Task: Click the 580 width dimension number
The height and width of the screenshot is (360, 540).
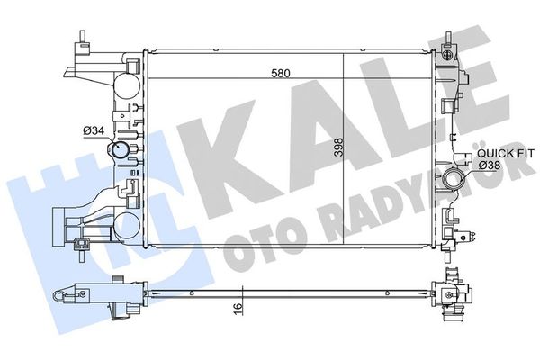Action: coord(281,73)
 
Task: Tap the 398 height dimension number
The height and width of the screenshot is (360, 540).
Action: coord(339,148)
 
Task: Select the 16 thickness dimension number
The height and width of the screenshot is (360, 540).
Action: coord(238,306)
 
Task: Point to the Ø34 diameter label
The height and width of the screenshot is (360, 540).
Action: coord(94,130)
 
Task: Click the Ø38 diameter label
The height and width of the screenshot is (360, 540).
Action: coord(490,166)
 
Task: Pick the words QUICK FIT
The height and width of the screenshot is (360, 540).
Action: coord(505,153)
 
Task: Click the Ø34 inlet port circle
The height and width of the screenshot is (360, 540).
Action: coord(119,150)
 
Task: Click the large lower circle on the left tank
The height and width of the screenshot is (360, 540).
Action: coord(127,227)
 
